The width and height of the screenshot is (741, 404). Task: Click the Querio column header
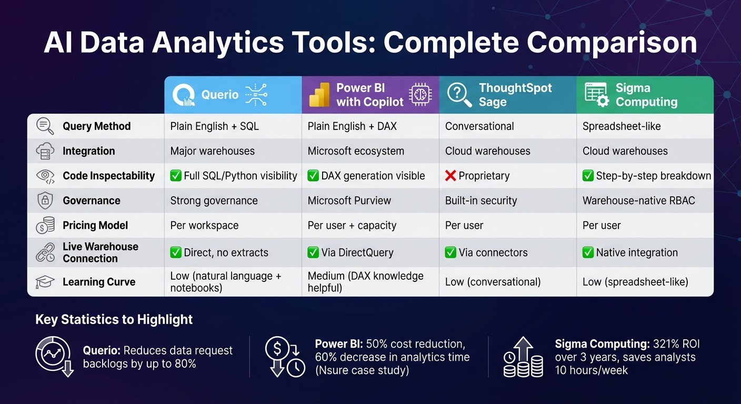[220, 95]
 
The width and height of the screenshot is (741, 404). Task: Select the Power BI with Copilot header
[369, 95]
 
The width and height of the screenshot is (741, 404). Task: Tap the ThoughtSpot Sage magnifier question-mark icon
[459, 95]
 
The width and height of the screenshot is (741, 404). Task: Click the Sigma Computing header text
[646, 95]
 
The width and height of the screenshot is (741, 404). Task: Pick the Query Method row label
[96, 126]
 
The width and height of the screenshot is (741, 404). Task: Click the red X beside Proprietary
[450, 176]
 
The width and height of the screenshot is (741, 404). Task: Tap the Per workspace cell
[204, 225]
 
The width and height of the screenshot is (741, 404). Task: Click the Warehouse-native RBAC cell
[638, 200]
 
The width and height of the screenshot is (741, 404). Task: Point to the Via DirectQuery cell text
[357, 252]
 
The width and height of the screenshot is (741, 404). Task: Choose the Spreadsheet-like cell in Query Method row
[622, 126]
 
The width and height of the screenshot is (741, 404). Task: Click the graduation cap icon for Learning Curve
[45, 282]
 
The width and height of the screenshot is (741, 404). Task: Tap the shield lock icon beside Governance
[45, 200]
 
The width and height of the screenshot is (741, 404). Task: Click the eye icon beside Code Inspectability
[45, 176]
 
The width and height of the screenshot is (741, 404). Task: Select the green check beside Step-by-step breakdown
[588, 176]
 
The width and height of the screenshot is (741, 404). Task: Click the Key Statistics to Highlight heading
[114, 319]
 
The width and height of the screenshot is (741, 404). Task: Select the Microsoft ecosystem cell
[356, 151]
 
